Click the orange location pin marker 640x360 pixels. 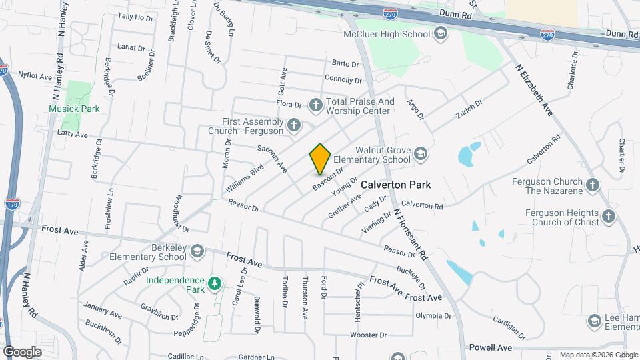[x=320, y=159]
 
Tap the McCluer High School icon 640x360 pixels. [x=440, y=33]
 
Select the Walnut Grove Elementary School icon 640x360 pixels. [x=421, y=155]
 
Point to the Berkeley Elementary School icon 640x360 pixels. [x=197, y=251]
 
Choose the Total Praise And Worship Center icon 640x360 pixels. [x=317, y=104]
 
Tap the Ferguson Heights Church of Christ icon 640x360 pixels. [x=608, y=216]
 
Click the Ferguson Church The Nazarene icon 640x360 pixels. [x=592, y=185]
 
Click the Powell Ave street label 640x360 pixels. [x=490, y=347]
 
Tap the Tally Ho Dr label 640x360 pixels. [x=135, y=17]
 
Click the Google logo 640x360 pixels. [x=22, y=351]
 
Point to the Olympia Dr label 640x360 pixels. [x=429, y=315]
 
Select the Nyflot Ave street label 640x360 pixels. [x=35, y=77]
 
